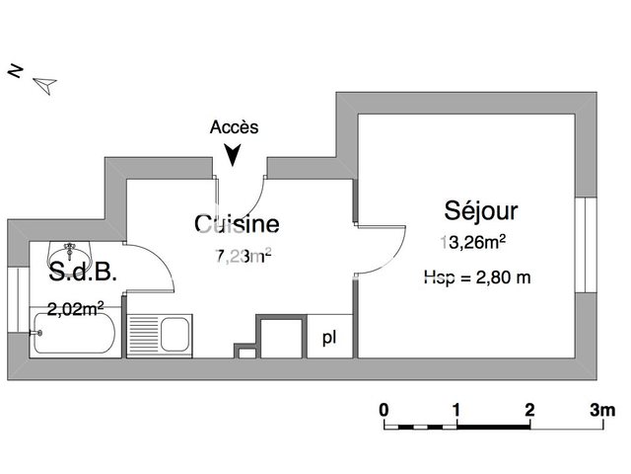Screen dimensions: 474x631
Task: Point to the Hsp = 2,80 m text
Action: (477, 277)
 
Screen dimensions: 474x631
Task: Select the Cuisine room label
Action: (237, 224)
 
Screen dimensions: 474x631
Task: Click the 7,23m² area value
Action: (244, 258)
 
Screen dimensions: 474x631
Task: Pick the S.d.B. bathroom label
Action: (83, 273)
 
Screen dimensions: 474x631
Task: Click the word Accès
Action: (234, 126)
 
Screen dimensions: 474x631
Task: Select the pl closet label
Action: (328, 338)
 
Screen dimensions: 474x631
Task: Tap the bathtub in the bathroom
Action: (74, 334)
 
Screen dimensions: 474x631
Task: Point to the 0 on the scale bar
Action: (384, 409)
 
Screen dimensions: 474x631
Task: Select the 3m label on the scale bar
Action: (601, 409)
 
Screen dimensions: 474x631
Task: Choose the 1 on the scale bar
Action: (456, 409)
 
